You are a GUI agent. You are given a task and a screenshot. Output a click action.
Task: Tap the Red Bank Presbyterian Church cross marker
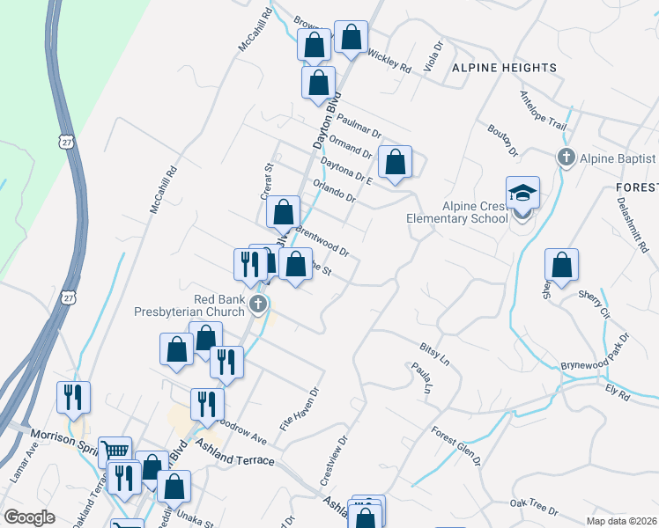click(x=258, y=305)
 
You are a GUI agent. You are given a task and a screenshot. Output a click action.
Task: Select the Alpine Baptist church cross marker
click(x=566, y=158)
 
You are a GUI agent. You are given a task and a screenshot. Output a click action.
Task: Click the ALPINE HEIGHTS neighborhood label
click(x=504, y=68)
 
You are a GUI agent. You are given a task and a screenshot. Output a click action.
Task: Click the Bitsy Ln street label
click(x=433, y=354)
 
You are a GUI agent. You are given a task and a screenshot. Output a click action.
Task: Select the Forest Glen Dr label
click(x=455, y=445)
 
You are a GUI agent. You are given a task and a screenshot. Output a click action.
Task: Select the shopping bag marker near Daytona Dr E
click(x=396, y=162)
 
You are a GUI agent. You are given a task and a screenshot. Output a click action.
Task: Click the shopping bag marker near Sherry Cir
click(x=561, y=265)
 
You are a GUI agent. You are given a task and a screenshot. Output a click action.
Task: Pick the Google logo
click(x=29, y=517)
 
